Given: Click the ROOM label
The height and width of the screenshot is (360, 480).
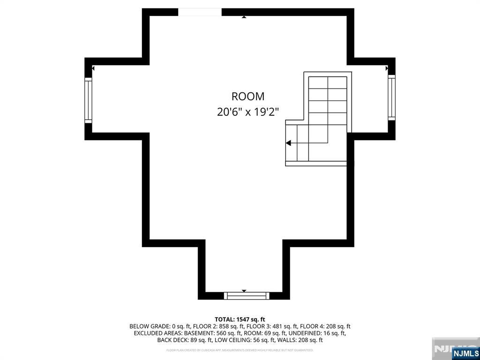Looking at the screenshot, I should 248,97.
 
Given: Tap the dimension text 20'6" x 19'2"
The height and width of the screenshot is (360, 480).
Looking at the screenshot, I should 248,112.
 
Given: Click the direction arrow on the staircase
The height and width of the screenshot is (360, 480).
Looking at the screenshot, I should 289,143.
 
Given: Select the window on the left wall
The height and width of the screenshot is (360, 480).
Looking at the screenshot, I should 88,100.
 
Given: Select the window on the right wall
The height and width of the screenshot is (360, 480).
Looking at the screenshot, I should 391,97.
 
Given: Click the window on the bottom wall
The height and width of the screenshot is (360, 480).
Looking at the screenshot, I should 247,295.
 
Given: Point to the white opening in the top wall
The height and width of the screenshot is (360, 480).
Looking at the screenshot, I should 200,12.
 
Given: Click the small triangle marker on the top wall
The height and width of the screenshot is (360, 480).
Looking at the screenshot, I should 244,17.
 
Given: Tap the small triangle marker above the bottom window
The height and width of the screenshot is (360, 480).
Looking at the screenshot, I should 244,291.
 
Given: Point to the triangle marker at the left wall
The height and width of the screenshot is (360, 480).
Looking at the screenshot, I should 93,68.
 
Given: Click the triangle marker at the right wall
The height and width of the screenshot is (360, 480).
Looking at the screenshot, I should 387,68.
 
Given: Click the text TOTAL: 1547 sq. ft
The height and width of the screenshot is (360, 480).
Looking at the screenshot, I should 240,319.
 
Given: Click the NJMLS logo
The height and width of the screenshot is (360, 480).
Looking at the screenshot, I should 465,353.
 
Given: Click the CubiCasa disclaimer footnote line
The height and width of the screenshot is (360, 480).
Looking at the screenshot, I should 240,350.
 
